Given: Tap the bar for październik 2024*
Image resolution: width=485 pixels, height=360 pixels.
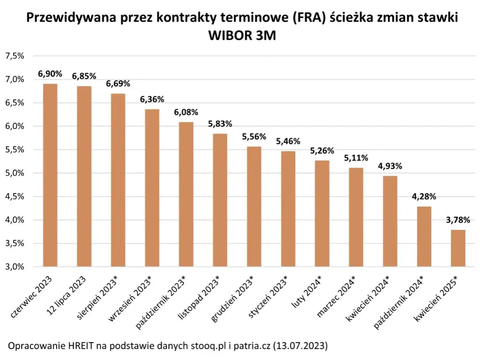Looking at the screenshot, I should [x=424, y=236].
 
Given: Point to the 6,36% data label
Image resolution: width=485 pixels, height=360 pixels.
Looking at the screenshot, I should [x=152, y=99].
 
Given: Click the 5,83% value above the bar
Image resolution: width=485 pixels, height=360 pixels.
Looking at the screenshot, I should [x=220, y=124].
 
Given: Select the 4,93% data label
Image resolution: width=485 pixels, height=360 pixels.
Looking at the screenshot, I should [x=390, y=166].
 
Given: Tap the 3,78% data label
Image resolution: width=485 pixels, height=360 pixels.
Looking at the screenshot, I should [x=458, y=220].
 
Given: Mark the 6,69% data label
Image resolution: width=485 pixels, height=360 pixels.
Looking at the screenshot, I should [x=118, y=84].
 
